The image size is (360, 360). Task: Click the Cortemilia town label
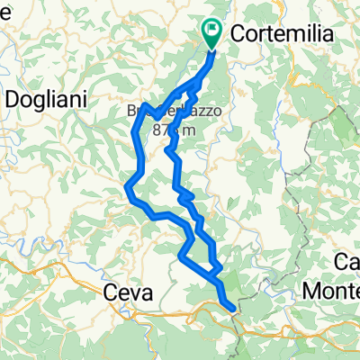pos(282,33)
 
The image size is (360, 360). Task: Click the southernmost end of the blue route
pos(234,309)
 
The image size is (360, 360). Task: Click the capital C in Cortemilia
pos(238,33)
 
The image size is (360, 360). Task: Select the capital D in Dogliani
pos(13,100)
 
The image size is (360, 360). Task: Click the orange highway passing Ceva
pos(54,265)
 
